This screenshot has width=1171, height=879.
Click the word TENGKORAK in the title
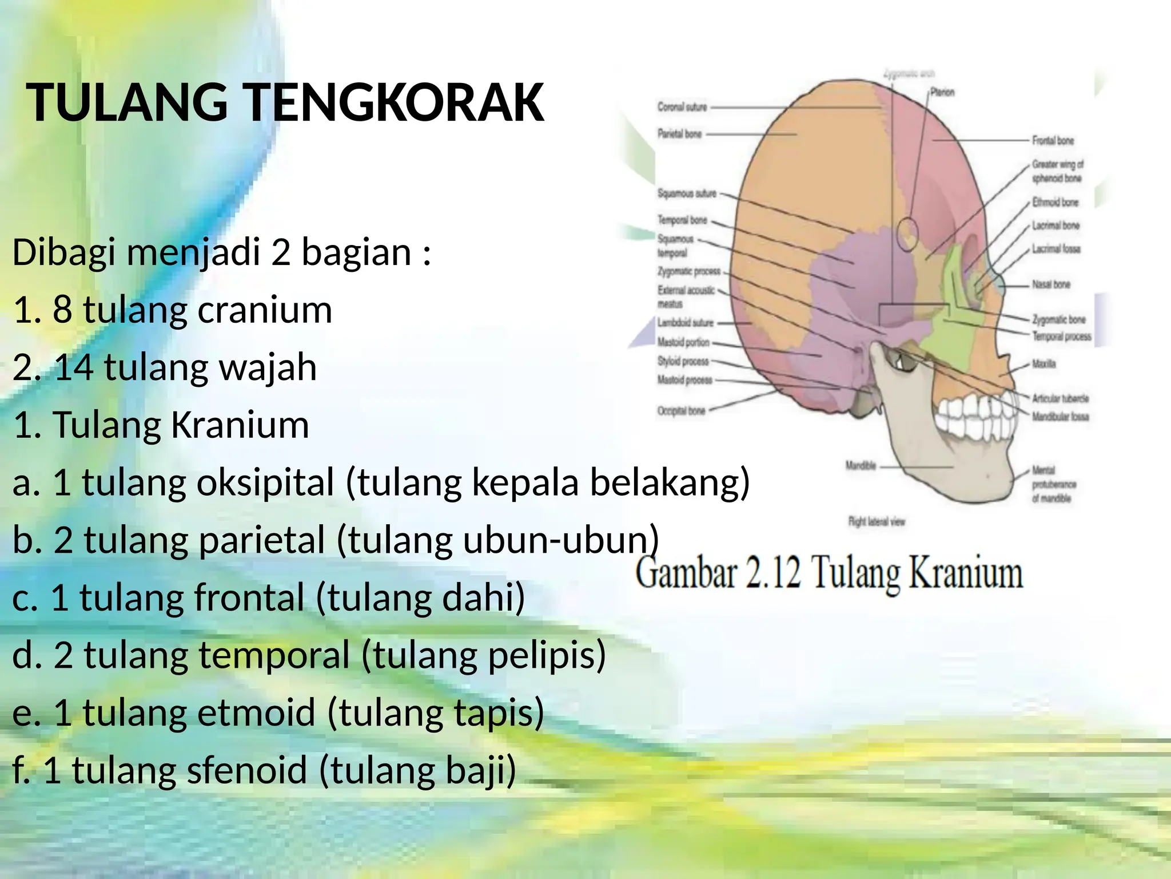tap(395, 103)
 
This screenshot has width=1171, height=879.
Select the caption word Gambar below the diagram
tap(686, 574)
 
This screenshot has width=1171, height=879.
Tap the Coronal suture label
tap(682, 107)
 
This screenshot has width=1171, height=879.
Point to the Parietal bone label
tap(679, 134)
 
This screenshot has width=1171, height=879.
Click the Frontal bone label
tap(1053, 140)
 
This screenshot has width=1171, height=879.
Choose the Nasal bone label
tap(1050, 284)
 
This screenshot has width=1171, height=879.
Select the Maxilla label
tap(1043, 364)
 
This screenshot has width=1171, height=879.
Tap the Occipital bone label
tap(681, 411)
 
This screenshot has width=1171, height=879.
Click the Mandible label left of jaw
tap(861, 466)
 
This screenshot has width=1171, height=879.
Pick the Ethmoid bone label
tap(1055, 202)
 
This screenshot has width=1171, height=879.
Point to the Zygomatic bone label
tap(1058, 319)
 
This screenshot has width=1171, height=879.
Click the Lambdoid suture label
tap(685, 323)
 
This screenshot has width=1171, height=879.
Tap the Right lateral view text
tap(876, 521)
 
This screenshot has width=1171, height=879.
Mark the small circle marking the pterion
tap(907, 235)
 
